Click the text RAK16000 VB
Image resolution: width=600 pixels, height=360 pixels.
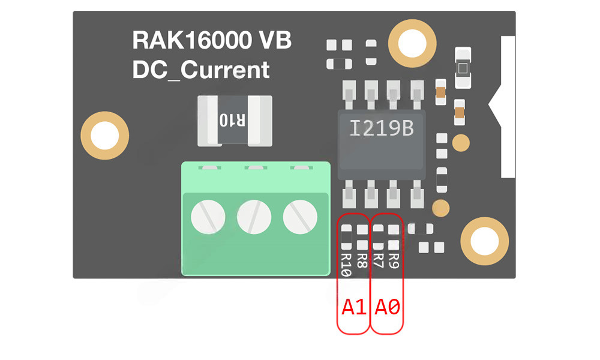tap(212, 41)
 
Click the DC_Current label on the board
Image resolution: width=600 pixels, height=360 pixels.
tap(201, 70)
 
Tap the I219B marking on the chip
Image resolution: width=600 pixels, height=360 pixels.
tap(381, 128)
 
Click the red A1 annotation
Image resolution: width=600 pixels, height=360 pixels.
tap(354, 308)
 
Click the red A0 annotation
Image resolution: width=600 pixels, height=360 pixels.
tap(387, 308)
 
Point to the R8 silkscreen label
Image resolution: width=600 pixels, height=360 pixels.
tap(362, 261)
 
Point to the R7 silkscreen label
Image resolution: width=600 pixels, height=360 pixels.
tap(378, 261)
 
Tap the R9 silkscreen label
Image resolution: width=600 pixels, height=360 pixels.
tap(394, 261)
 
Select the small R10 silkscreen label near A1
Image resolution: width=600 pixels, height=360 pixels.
tap(346, 264)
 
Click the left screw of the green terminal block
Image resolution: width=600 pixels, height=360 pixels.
tap(208, 217)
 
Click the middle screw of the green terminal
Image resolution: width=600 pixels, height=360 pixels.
tap(254, 217)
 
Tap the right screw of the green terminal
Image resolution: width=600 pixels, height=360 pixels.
tap(299, 217)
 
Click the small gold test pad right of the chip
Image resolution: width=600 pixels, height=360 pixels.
tap(460, 143)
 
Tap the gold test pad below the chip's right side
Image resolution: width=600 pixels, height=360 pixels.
tap(441, 207)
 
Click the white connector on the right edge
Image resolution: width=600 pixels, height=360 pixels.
tap(507, 108)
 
